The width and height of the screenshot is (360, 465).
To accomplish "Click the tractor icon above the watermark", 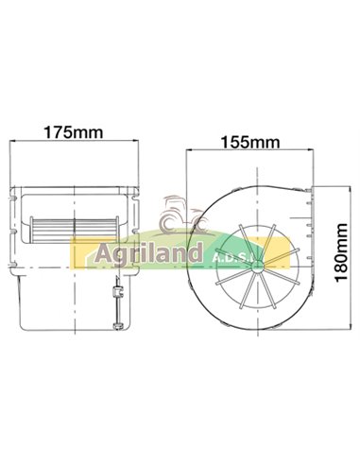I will point(175,215).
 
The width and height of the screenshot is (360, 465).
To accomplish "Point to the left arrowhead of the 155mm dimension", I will point(190,153).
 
